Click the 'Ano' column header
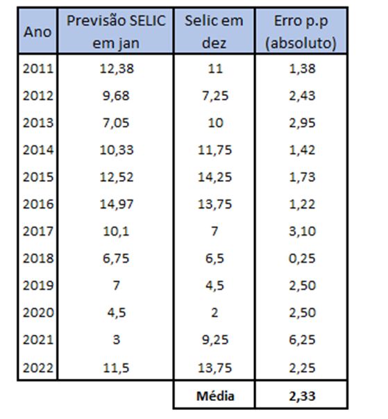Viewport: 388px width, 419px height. [x=37, y=32]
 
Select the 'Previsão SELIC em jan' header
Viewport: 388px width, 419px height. [x=116, y=32]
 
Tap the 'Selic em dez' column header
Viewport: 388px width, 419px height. [x=214, y=32]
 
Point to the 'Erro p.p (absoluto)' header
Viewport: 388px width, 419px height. [x=301, y=32]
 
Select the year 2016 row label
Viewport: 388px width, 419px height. [x=37, y=204]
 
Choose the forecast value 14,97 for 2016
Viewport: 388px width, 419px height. [x=116, y=204]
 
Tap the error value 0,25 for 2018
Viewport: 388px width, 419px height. [x=301, y=258]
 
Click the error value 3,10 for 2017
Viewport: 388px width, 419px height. [x=301, y=231]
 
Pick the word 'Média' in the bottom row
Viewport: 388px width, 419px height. [x=214, y=396]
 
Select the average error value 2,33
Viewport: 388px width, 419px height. [x=301, y=396]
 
